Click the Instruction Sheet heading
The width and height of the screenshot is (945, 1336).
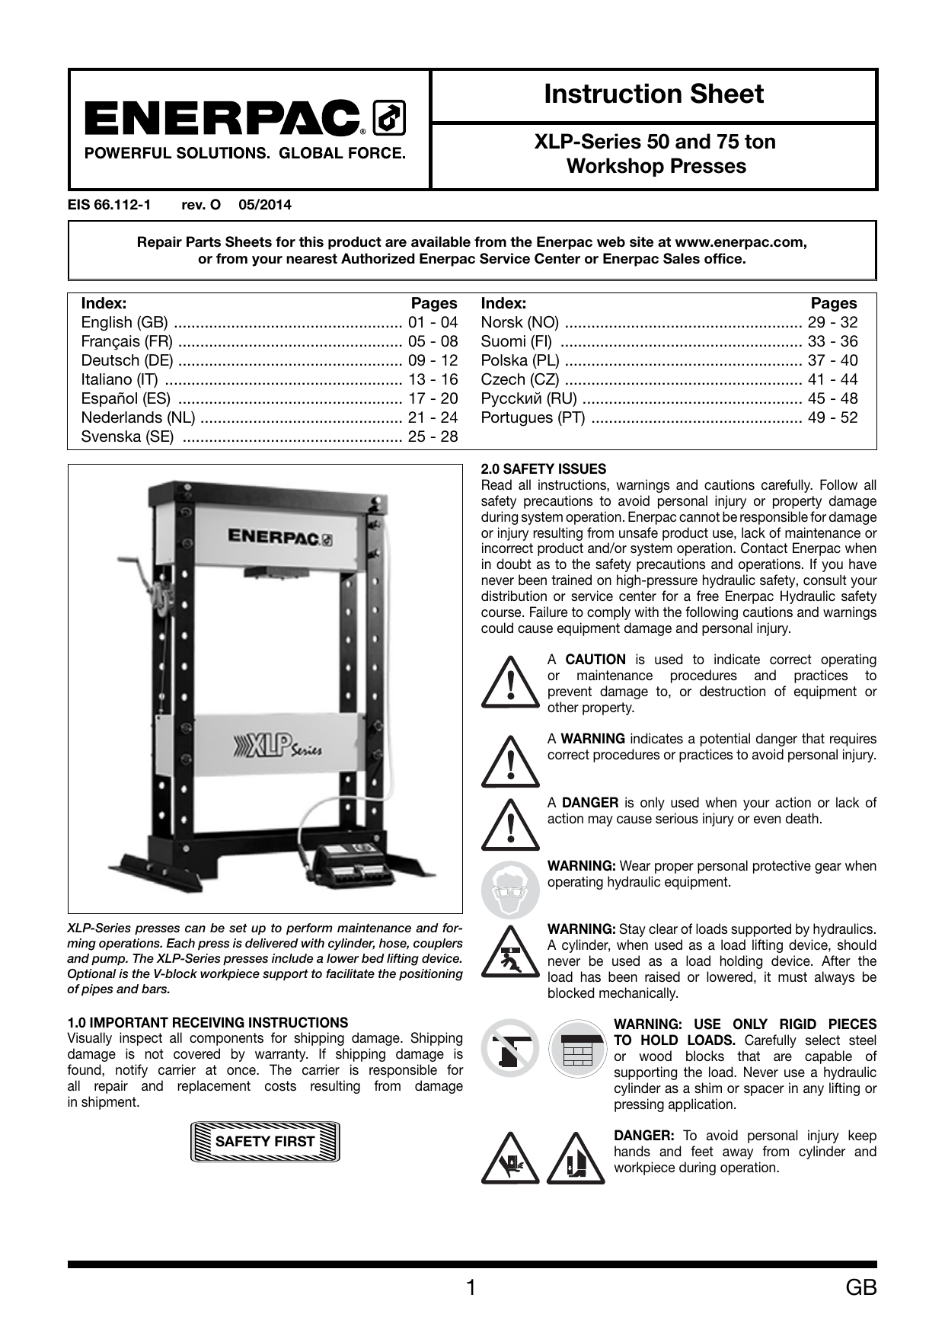point(653,94)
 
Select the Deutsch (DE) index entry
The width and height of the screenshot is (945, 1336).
point(127,360)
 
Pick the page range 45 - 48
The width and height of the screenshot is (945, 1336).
point(832,398)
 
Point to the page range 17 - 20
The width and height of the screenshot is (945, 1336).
point(433,398)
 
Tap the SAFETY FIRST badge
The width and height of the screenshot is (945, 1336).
point(265,1141)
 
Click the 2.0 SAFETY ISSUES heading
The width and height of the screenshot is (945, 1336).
point(544,469)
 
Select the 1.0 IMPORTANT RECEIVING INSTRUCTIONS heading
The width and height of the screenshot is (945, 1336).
point(208,1022)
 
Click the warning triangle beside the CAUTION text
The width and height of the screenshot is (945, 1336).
point(509,682)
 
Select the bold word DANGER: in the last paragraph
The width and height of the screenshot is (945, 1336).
point(643,1136)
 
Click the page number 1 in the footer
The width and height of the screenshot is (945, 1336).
point(471,1287)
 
